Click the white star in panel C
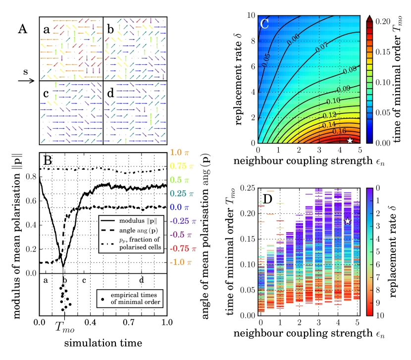(x=350, y=141)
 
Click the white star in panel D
(x=348, y=221)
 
